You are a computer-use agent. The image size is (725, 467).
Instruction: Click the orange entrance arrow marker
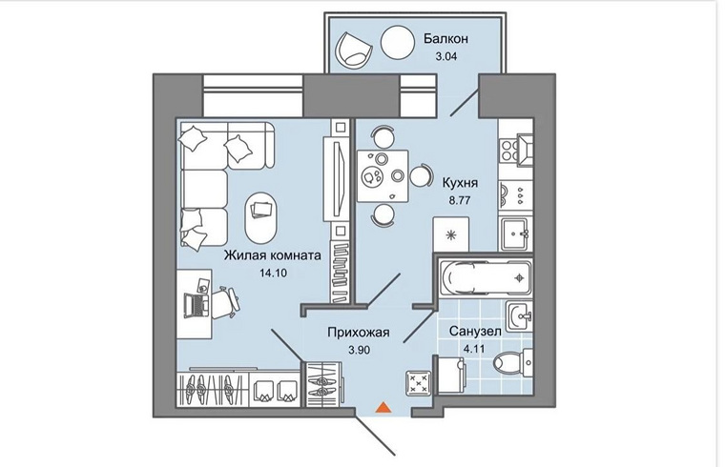(x=382, y=408)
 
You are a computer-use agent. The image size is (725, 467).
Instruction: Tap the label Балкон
(x=445, y=38)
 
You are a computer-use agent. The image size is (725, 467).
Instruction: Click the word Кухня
(x=461, y=183)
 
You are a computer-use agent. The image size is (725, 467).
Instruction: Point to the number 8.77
(x=458, y=202)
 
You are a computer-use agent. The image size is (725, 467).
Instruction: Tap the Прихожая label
(x=354, y=333)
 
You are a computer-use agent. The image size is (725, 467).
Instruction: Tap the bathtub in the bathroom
(x=483, y=277)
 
